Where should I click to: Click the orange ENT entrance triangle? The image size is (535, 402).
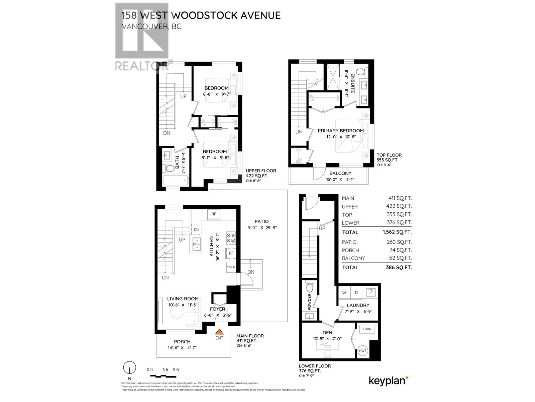click(219, 332)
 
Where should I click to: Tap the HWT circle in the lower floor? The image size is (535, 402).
click(363, 350)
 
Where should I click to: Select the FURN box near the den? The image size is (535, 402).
click(367, 329)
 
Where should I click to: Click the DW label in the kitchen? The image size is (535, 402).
click(196, 229)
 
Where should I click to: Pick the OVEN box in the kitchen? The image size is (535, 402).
click(231, 267)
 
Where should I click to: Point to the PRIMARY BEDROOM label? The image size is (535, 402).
click(340, 131)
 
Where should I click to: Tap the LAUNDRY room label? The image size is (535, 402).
click(358, 305)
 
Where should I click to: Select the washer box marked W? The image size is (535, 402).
click(344, 292)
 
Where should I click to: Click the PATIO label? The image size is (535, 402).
click(261, 221)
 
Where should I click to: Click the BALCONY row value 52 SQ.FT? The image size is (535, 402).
click(399, 258)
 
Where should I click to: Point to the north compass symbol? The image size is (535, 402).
click(129, 368)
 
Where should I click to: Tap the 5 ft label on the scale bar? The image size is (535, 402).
click(176, 370)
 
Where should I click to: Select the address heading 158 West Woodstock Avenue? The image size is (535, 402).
click(201, 15)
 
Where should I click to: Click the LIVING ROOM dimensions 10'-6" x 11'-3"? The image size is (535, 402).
click(183, 305)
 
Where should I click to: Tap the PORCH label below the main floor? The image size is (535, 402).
click(182, 342)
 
